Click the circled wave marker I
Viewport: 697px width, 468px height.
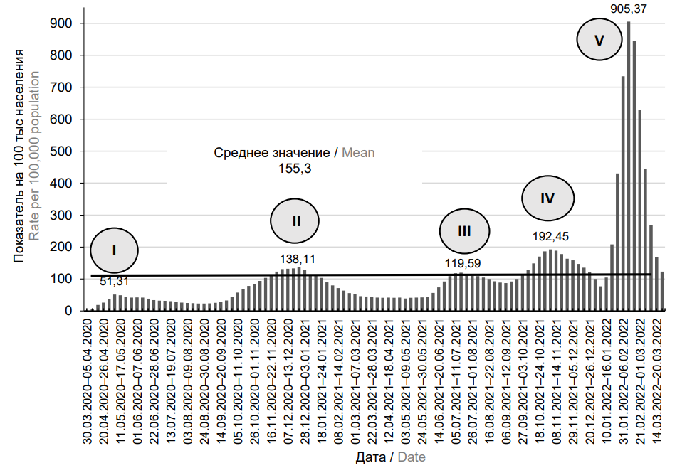point(114,250)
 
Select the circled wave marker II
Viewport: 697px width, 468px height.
point(296,220)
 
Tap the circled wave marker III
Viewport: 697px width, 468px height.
point(464,230)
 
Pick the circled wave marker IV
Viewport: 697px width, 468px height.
point(547,198)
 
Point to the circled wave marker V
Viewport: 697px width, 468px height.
point(599,41)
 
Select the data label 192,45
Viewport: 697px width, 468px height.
point(551,236)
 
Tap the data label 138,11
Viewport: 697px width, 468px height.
point(298,260)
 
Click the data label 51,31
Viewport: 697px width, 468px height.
point(114,282)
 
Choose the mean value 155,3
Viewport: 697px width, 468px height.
point(295,169)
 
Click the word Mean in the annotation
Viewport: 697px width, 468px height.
point(358,153)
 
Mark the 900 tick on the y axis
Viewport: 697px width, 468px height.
point(65,23)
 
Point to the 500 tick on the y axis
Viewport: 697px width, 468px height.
point(65,151)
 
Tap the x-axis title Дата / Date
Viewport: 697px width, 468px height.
point(391,457)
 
